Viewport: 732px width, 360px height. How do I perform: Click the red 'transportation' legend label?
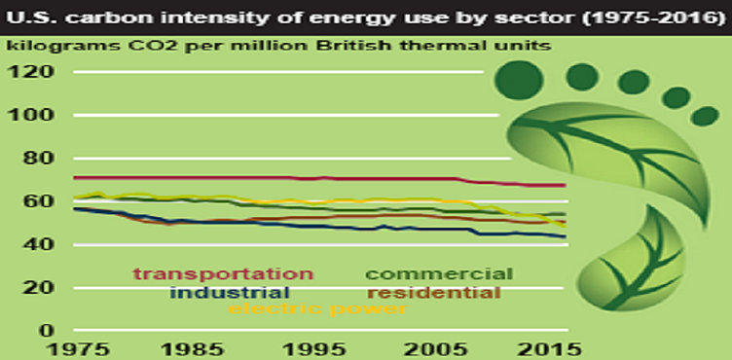[223, 273]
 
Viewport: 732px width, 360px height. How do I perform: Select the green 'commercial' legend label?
[438, 273]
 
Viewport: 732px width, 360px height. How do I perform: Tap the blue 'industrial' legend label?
[229, 292]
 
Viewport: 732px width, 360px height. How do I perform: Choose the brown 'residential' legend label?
[434, 292]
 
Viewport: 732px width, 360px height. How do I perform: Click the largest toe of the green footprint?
[518, 78]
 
